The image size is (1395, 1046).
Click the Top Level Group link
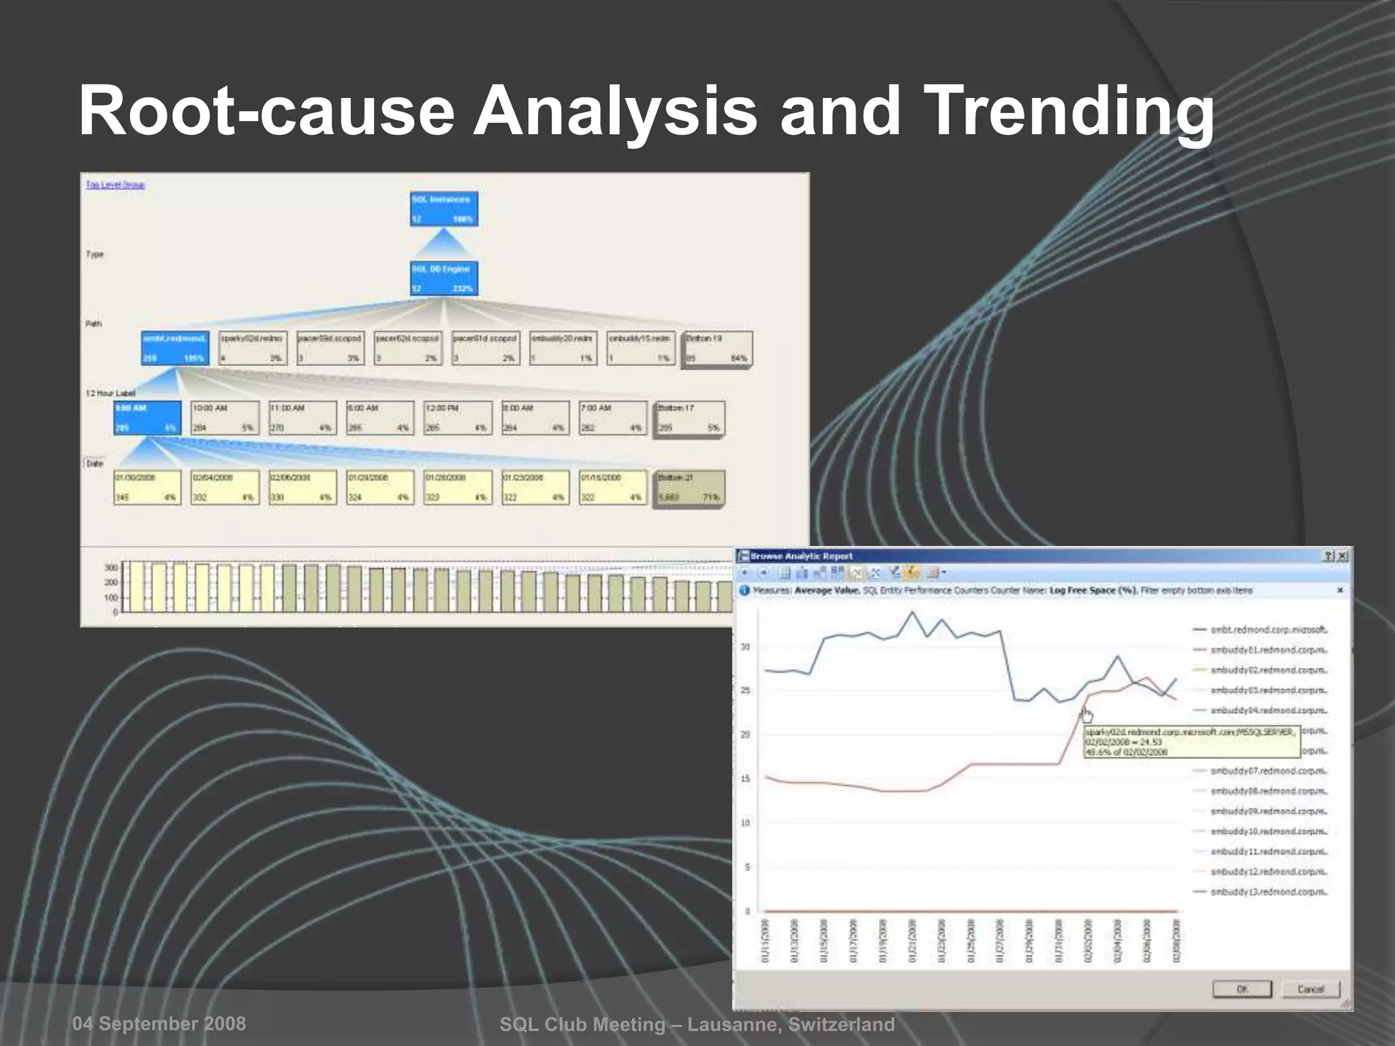pos(115,185)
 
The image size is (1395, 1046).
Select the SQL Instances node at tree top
pos(444,208)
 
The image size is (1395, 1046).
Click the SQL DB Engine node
pos(444,278)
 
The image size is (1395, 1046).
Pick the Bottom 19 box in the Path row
pos(717,348)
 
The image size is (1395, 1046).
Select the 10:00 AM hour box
pos(225,417)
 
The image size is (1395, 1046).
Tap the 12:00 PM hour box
pos(457,417)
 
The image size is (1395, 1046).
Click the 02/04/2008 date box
pos(225,487)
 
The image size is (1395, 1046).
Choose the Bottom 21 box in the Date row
pos(689,488)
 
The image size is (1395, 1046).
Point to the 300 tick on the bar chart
pos(110,567)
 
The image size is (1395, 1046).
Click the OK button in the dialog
pos(1241,989)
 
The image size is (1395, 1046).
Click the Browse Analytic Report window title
pos(802,556)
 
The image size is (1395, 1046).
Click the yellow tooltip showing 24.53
pos(1191,742)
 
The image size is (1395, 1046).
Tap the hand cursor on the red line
pos(1086,714)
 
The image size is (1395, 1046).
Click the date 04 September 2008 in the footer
pos(159,1024)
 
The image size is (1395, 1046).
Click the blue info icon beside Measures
pos(744,590)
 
